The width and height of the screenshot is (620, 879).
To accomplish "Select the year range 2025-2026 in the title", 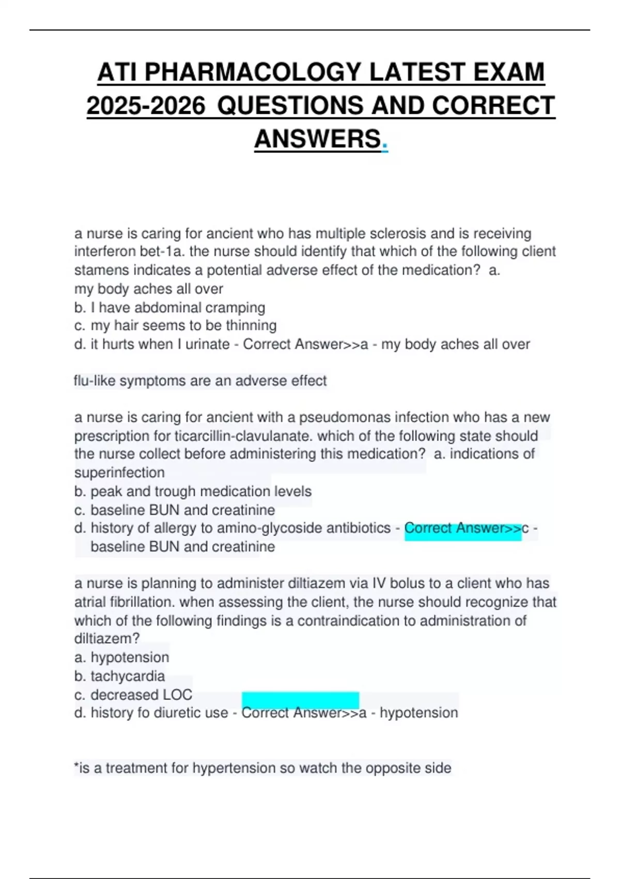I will pyautogui.click(x=146, y=105).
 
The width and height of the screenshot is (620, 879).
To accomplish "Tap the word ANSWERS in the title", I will pyautogui.click(x=317, y=139).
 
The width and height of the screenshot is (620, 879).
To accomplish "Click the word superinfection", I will pyautogui.click(x=119, y=473).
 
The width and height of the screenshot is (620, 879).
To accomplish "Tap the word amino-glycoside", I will pyautogui.click(x=261, y=528).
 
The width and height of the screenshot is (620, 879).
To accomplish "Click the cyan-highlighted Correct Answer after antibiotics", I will pyautogui.click(x=462, y=528).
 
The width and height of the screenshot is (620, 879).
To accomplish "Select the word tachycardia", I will pyautogui.click(x=128, y=676).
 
